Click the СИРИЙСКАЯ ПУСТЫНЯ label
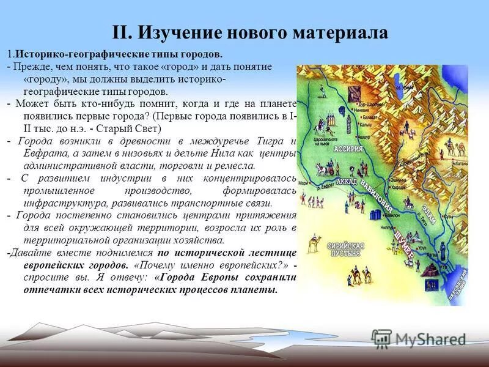347,250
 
